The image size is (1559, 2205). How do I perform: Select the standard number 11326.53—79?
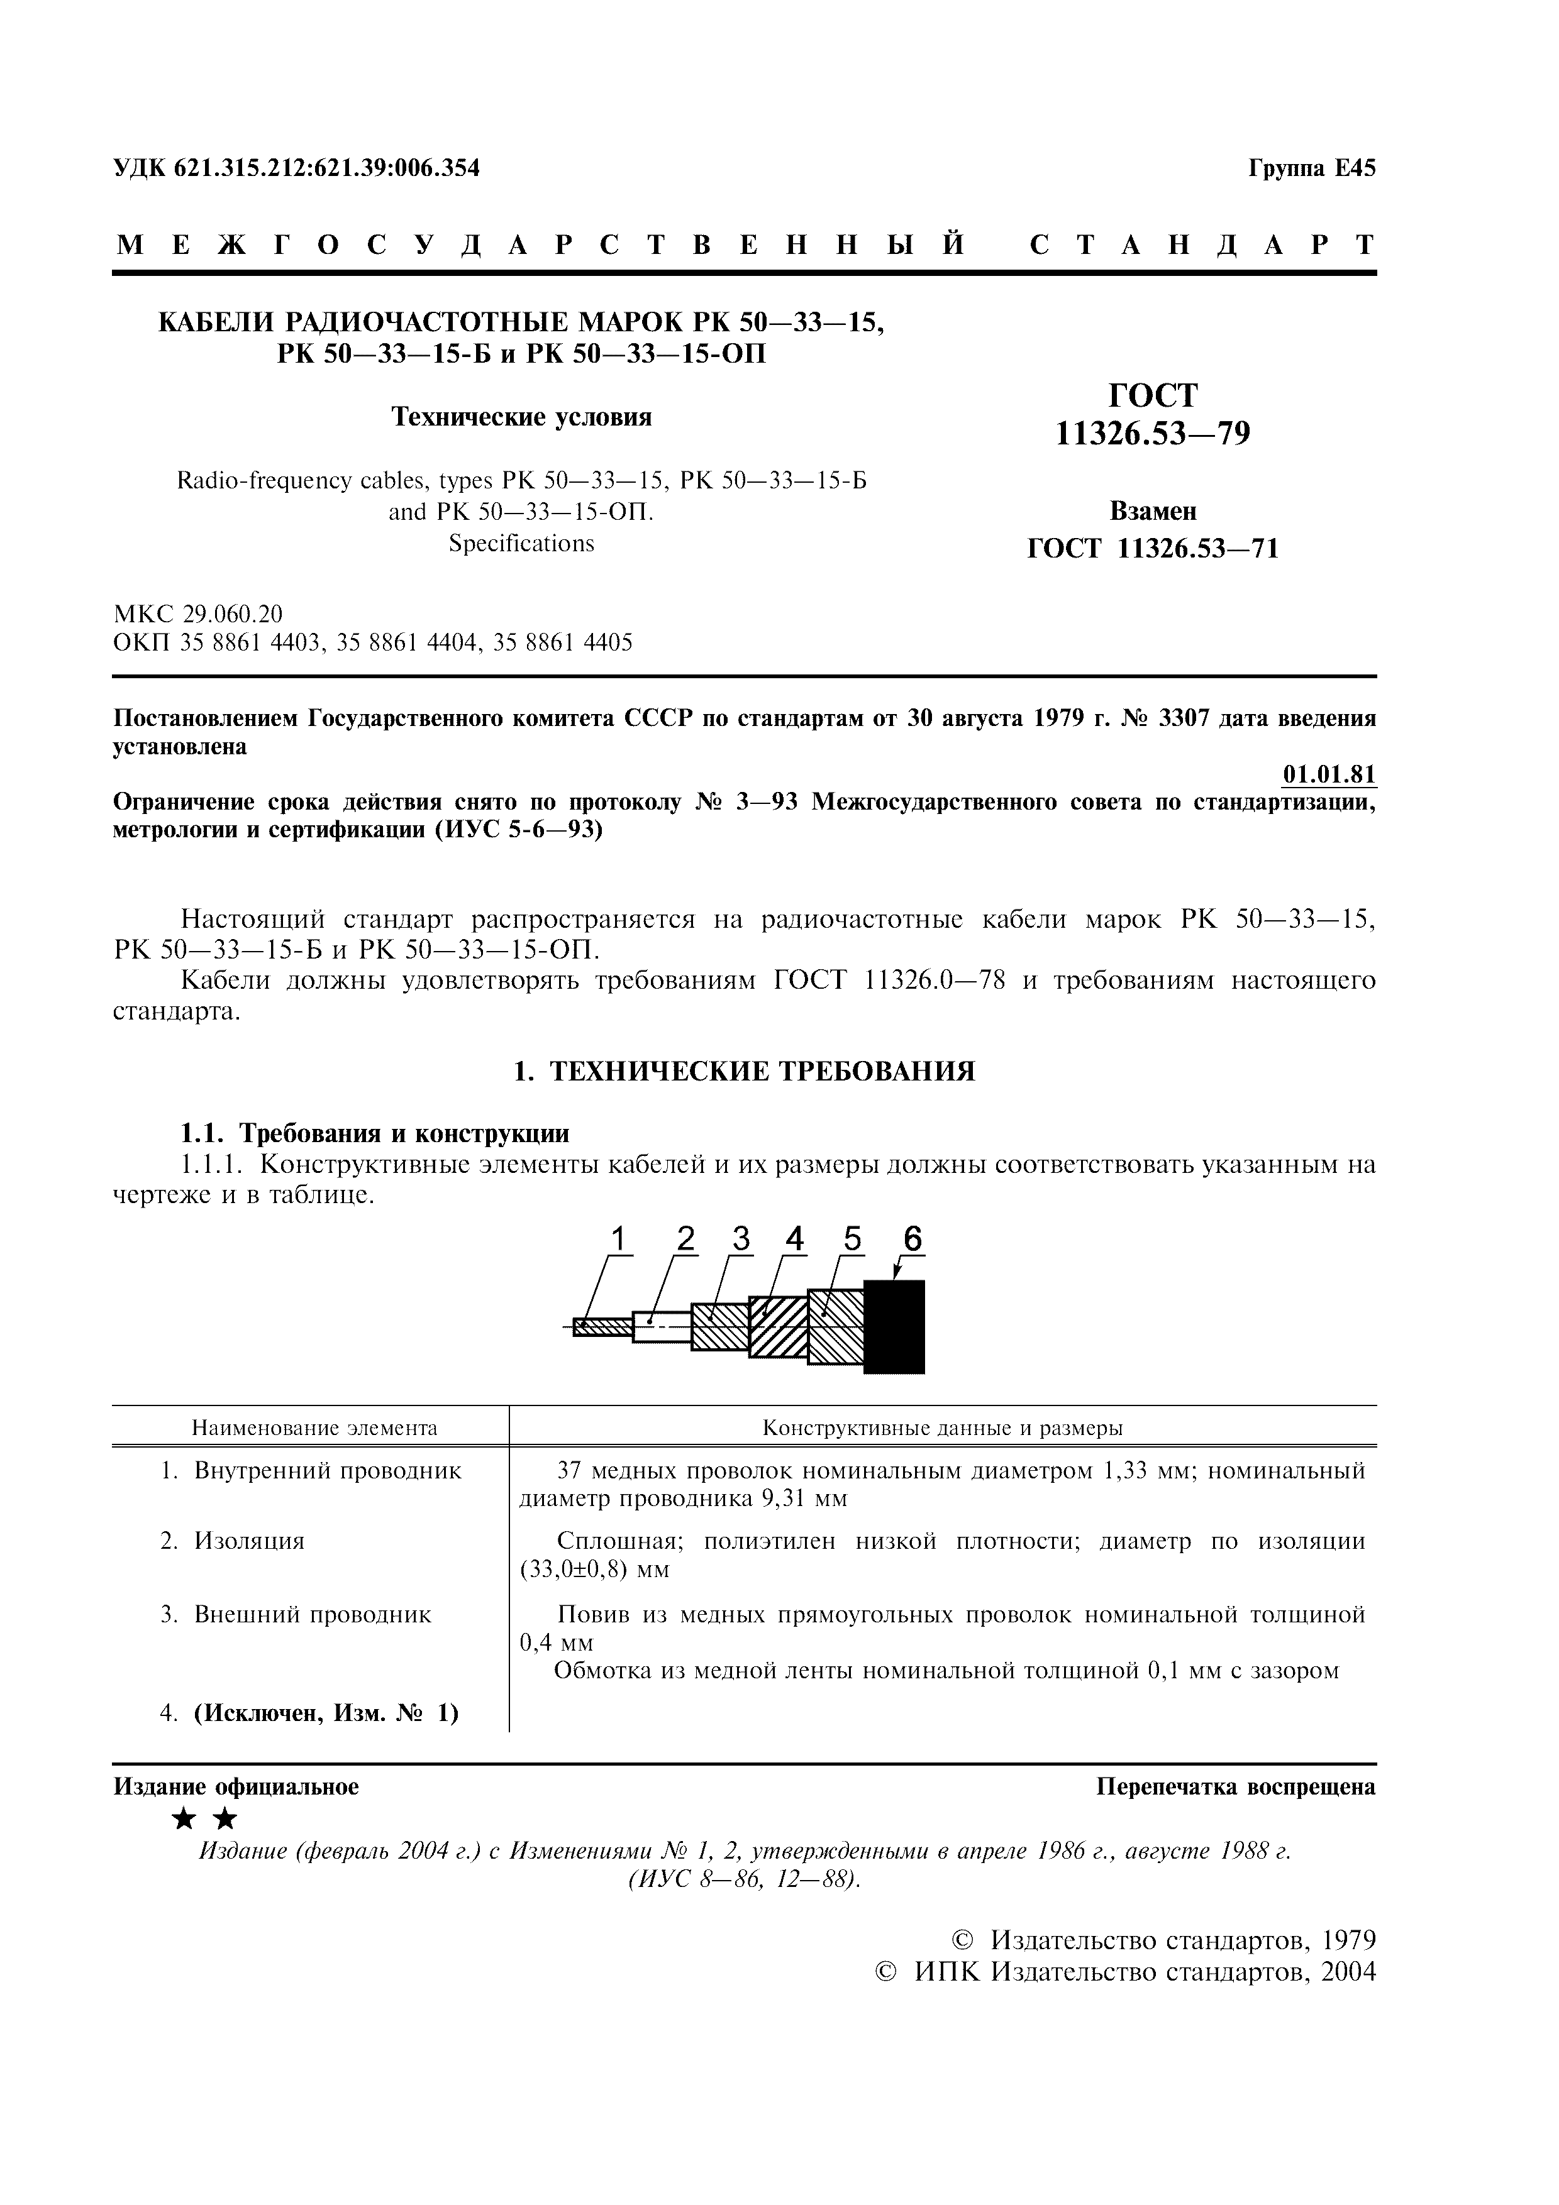coord(1153,435)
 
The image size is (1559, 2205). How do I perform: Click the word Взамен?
coord(1153,511)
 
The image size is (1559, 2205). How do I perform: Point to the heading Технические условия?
coord(521,417)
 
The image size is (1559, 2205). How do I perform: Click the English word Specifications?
coord(521,544)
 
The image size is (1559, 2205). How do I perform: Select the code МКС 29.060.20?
coord(198,613)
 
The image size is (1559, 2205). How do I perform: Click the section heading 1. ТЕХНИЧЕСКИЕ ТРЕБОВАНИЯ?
coord(745,1072)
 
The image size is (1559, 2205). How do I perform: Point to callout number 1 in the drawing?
coord(619,1240)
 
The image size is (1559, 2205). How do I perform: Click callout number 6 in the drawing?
coord(912,1240)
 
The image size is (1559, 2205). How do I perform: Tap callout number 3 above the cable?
coord(741,1240)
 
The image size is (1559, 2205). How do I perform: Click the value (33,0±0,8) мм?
coord(594,1570)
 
